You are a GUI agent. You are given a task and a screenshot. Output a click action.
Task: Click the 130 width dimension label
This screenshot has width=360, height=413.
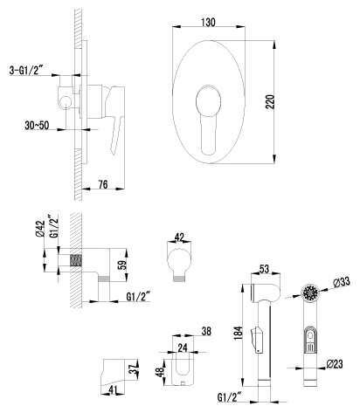[208, 22]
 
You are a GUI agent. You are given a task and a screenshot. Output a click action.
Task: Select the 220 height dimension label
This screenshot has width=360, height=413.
[270, 101]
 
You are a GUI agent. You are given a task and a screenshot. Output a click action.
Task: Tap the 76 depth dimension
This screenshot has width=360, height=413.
[103, 184]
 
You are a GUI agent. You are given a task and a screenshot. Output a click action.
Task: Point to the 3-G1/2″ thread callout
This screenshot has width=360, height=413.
[26, 70]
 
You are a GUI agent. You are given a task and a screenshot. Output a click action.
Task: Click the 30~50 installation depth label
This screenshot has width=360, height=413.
[37, 126]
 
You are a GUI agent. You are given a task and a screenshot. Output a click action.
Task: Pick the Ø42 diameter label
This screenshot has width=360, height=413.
[40, 229]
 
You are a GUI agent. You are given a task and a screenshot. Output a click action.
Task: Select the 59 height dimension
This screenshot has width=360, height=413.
[124, 265]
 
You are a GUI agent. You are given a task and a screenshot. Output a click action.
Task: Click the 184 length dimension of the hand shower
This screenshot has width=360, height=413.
[239, 333]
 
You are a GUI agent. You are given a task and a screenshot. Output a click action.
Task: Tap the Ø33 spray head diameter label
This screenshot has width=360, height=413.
[341, 281]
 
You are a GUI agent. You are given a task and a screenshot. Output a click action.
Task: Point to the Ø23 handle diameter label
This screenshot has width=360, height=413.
[335, 363]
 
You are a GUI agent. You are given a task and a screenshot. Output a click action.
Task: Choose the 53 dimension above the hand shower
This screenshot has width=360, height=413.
[264, 269]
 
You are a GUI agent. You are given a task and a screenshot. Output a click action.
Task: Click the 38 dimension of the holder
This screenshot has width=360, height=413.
[206, 331]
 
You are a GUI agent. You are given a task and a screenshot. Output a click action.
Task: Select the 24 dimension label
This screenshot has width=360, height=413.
[183, 348]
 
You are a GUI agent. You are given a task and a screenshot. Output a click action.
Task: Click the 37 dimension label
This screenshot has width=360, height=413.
[134, 369]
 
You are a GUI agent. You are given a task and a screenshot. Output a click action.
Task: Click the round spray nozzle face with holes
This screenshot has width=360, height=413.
[311, 292]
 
